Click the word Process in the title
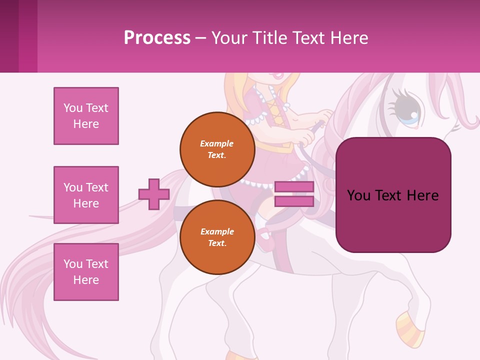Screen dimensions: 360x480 tap(157, 38)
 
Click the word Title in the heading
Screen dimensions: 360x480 tap(268, 38)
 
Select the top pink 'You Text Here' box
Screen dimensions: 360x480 tap(86, 116)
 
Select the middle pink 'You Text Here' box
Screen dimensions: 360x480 tap(86, 195)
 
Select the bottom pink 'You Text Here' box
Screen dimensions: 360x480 tap(86, 272)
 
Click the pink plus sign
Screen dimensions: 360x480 tap(154, 194)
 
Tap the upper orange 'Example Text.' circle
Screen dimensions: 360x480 tap(217, 149)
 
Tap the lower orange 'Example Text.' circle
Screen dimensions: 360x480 tap(217, 237)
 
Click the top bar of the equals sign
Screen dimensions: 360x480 tap(294, 186)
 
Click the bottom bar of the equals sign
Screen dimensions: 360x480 tap(294, 201)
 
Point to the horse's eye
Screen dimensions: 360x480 tap(407, 107)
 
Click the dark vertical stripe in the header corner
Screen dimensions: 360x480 tap(9, 36)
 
